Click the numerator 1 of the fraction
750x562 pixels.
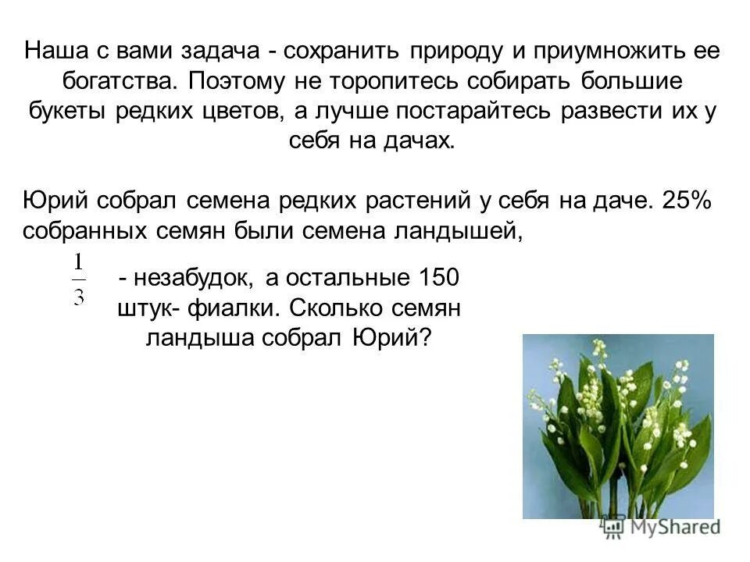80,261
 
